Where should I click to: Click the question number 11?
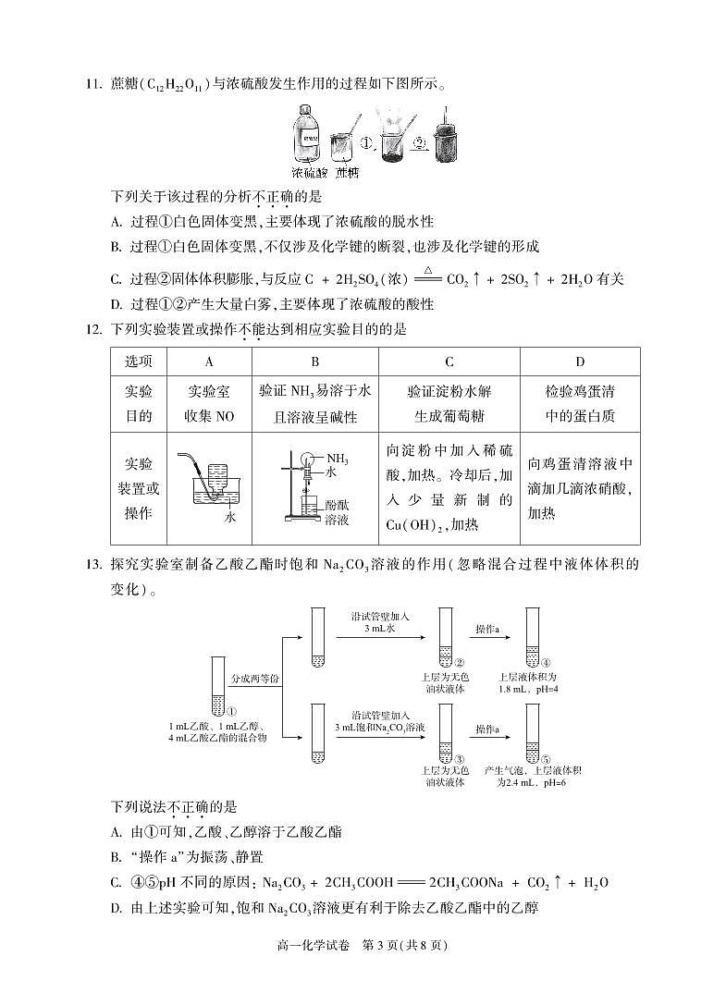(92, 85)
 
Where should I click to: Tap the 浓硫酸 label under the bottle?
(309, 173)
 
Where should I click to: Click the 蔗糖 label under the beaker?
(347, 173)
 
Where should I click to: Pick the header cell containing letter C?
(449, 362)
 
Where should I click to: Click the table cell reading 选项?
(138, 362)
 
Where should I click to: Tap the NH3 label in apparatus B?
(337, 458)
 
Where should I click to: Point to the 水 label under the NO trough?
(230, 517)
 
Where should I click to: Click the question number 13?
(92, 563)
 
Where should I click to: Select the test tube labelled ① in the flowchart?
(218, 686)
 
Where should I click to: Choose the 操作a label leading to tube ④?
(487, 629)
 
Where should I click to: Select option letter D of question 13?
(116, 908)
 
